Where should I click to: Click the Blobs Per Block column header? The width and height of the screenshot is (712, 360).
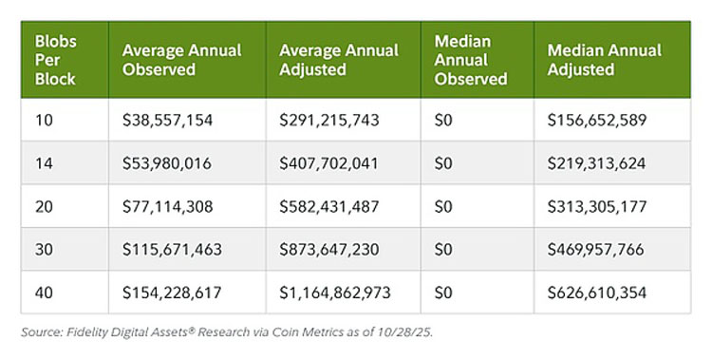(x=55, y=60)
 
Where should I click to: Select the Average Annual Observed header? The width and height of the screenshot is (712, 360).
(x=181, y=60)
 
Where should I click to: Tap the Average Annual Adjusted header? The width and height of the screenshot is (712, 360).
(x=339, y=60)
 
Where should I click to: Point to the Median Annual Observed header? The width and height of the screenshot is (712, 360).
(x=471, y=60)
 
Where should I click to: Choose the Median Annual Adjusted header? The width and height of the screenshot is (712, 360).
(x=605, y=60)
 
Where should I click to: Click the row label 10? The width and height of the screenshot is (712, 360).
(x=44, y=120)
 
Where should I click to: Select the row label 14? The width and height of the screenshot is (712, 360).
(x=44, y=163)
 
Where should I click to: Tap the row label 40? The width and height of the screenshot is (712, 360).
(x=44, y=293)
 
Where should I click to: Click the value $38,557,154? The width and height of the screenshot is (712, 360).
(x=167, y=120)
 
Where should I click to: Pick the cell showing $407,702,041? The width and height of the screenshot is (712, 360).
(x=328, y=163)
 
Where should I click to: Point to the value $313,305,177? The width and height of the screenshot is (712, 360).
(x=597, y=207)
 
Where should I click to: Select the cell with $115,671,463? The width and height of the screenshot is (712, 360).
(x=172, y=250)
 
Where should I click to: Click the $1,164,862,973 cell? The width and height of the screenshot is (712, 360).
(x=335, y=293)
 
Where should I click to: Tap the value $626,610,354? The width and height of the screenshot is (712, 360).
(x=597, y=293)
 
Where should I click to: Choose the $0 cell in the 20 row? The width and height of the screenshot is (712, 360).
(x=443, y=207)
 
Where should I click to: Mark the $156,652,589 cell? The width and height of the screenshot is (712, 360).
(x=597, y=120)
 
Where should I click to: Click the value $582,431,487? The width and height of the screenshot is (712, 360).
(x=328, y=207)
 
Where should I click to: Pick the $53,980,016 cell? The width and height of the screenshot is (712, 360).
(x=167, y=163)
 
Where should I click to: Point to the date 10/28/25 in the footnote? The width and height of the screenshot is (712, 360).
(x=404, y=332)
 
